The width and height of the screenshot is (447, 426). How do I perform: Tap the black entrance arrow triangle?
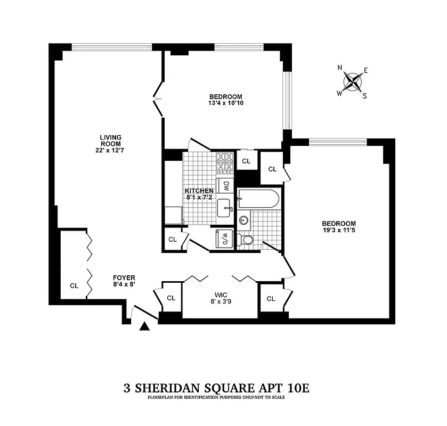click(x=144, y=326)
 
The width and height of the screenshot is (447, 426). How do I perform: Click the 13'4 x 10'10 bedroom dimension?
click(x=226, y=103)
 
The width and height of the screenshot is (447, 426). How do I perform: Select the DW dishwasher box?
click(x=226, y=186)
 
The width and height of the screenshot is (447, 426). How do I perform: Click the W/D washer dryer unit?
click(x=224, y=239)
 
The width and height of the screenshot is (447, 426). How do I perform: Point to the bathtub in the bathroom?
click(x=259, y=199)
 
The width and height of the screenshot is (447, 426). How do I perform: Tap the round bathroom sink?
click(x=245, y=219)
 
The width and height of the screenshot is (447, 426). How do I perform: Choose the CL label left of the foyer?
click(x=74, y=285)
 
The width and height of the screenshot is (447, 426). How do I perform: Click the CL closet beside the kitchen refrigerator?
click(x=173, y=239)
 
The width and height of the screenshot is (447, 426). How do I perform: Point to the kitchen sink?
click(x=224, y=207)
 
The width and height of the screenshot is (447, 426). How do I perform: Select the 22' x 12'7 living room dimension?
click(x=110, y=150)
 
